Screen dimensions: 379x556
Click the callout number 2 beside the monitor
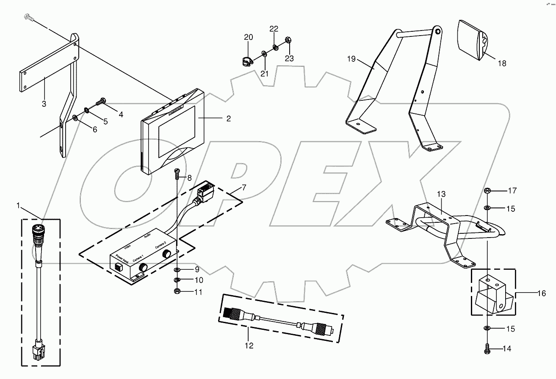tap(228, 119)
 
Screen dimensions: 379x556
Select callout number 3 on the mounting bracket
tap(44, 104)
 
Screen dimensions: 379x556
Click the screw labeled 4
tap(102, 102)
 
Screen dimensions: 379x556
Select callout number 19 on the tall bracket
tap(351, 59)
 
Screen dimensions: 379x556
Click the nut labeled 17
tap(487, 191)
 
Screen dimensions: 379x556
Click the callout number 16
tap(542, 293)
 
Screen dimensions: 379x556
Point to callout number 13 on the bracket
tap(441, 194)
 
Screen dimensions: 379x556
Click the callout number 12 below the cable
tap(249, 346)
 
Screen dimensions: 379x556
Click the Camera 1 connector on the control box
tap(144, 267)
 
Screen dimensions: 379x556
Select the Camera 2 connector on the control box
tap(168, 254)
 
